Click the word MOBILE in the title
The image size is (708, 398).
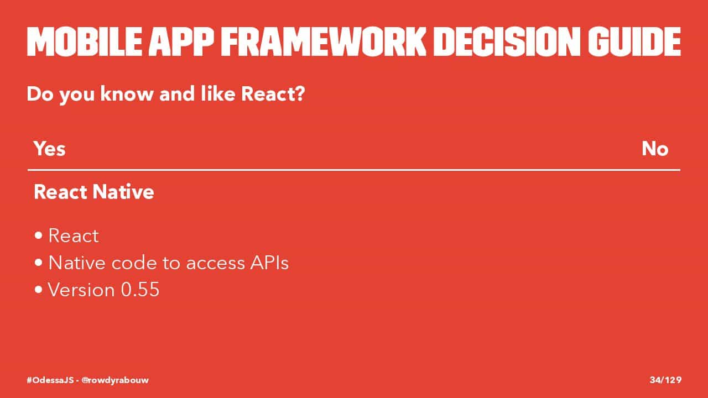(84, 41)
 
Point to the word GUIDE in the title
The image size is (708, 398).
(634, 41)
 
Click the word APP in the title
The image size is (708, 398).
(181, 41)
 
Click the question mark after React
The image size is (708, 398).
(299, 94)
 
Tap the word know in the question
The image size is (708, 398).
(127, 94)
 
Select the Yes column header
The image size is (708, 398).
(50, 149)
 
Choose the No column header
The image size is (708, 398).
(655, 149)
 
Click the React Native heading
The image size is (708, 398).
(94, 192)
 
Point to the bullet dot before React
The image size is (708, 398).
(39, 235)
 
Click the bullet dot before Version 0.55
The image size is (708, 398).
(39, 289)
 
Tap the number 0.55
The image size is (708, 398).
(140, 289)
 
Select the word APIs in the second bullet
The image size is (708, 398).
(269, 263)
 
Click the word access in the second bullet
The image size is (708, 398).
(216, 264)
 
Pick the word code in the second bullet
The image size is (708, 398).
(134, 263)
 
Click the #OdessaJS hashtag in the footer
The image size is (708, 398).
(50, 380)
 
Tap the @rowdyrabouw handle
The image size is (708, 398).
(115, 380)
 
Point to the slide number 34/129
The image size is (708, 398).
(665, 380)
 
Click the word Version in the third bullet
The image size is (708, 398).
(81, 289)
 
